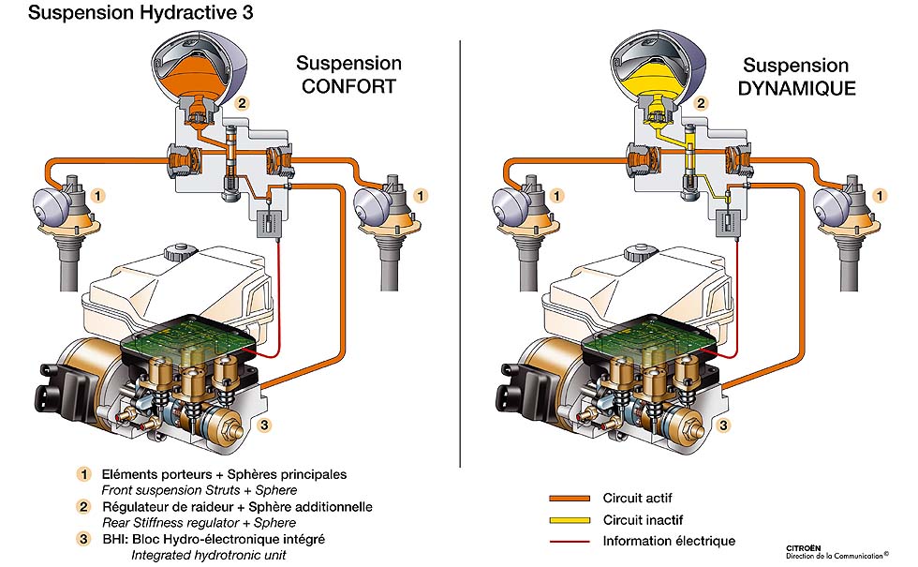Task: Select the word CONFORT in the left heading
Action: coord(349,88)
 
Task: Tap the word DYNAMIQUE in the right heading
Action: coord(796,90)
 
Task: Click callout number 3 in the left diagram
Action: coord(265,425)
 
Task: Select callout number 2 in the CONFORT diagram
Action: coord(243,104)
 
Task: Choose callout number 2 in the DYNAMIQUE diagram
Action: coord(700,104)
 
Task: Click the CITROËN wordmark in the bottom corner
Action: coord(807,545)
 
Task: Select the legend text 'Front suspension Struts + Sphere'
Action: coord(200,490)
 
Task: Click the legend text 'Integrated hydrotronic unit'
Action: coord(203,556)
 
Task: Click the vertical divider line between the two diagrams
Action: coord(461,253)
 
